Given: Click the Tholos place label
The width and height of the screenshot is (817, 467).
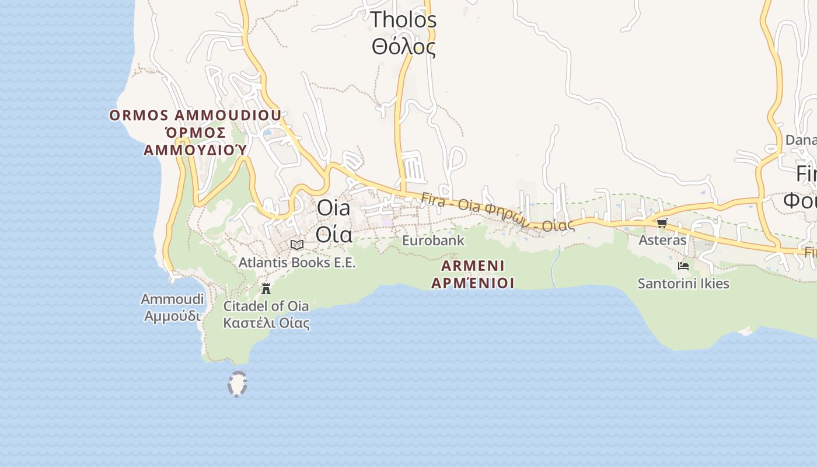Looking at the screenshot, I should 403,20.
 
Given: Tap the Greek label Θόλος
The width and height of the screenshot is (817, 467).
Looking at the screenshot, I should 403,47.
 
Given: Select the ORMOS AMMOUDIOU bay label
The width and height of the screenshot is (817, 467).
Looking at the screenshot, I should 195,115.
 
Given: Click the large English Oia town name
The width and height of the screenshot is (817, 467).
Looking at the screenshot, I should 334,208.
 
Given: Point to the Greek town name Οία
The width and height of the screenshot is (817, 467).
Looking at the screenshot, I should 334,234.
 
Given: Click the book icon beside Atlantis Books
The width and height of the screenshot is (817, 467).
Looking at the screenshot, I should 297,245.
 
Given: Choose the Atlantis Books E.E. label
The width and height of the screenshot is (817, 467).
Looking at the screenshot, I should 296,263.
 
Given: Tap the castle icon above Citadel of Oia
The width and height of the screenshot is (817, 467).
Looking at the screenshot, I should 266,288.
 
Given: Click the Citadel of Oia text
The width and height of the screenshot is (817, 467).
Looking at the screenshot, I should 266,306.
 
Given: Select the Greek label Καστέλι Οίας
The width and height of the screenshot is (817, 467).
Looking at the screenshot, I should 266,323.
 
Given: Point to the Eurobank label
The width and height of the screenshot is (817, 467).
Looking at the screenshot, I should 433,240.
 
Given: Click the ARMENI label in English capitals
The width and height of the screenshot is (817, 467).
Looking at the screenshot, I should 473,266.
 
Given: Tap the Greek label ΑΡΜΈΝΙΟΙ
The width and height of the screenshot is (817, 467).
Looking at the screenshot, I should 473,283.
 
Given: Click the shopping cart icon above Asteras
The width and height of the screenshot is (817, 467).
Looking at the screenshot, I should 662,223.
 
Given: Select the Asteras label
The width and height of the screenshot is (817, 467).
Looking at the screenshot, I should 662,240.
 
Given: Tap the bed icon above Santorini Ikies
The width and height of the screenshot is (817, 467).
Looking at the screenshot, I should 683,266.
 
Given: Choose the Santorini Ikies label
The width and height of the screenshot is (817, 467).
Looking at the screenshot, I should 683,284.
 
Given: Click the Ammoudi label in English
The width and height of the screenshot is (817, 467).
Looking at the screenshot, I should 172,299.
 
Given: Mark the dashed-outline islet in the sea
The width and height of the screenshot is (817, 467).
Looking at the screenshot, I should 238,384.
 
